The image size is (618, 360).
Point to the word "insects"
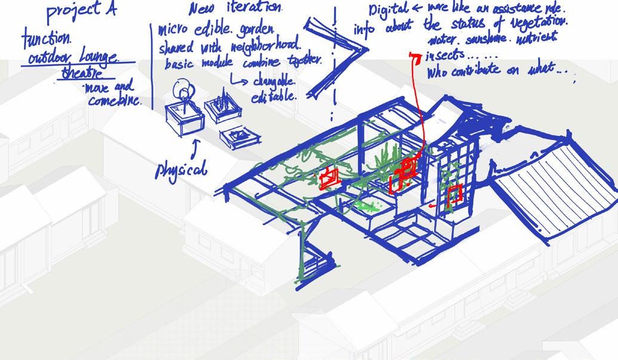click(x=444, y=56)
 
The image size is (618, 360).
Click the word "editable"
click(x=273, y=96)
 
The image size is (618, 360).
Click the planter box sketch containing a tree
click(x=184, y=113)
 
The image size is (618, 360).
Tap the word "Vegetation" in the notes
click(x=536, y=23)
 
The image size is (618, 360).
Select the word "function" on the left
click(x=46, y=41)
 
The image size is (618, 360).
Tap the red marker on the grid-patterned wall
click(x=454, y=194)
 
